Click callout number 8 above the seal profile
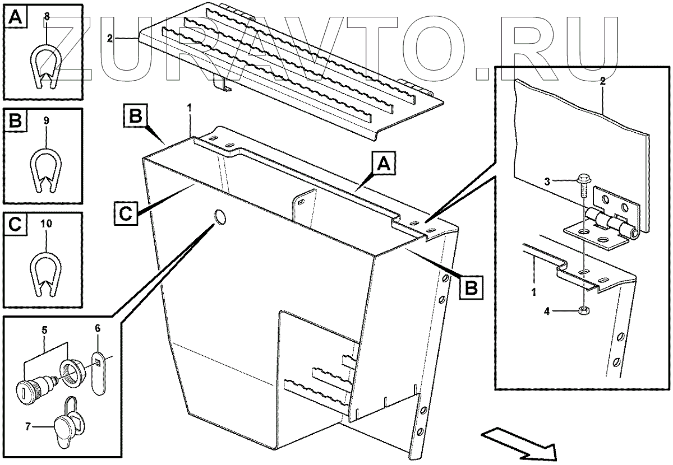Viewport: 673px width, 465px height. pos(47,17)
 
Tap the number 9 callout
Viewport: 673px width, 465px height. pos(47,120)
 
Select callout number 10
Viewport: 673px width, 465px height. pos(47,224)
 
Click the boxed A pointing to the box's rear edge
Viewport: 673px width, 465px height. pos(384,165)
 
